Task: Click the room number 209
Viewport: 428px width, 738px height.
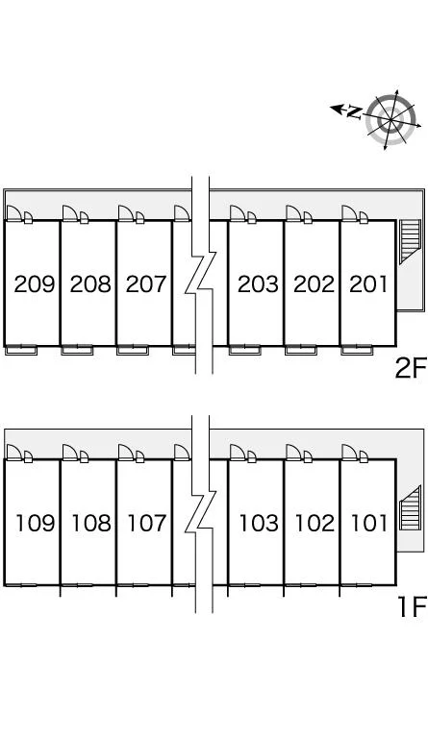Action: (x=34, y=283)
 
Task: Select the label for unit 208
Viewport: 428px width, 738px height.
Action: (x=90, y=283)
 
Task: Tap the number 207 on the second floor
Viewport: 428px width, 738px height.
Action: (x=146, y=283)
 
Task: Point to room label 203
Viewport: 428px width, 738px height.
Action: (x=258, y=283)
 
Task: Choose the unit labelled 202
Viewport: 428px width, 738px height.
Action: (x=315, y=283)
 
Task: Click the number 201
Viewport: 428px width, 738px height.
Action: (x=368, y=283)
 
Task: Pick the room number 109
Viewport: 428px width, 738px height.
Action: (x=36, y=523)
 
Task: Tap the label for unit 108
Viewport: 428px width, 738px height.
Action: (x=91, y=523)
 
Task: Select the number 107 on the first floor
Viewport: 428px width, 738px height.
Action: (x=147, y=523)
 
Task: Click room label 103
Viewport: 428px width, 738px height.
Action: (x=259, y=523)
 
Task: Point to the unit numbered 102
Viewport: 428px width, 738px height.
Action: (x=315, y=523)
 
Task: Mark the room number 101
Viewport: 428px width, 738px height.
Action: (x=369, y=523)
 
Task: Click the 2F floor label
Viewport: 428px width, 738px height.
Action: (x=411, y=368)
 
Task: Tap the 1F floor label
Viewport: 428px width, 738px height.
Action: (x=413, y=606)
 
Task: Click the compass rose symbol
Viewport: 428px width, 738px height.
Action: (x=391, y=119)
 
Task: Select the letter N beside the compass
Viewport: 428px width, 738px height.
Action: (x=354, y=112)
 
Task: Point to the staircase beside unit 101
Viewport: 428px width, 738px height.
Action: (x=409, y=507)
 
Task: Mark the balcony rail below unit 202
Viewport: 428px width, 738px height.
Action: (x=300, y=350)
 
